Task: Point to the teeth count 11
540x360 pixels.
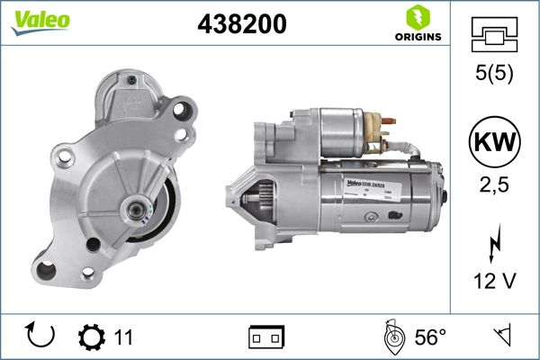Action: (x=123, y=337)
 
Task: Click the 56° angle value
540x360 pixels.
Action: (x=430, y=337)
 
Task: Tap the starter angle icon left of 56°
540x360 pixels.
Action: (x=391, y=337)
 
